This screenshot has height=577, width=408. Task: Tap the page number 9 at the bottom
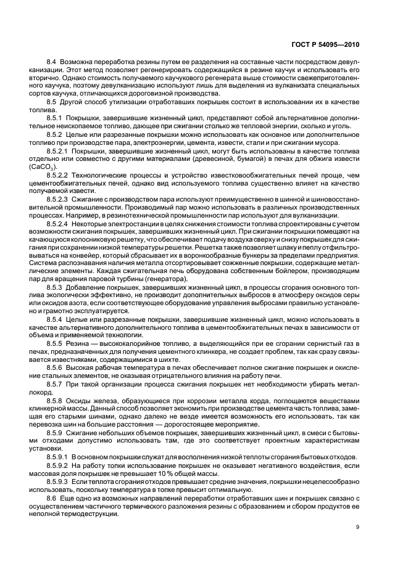pos(357,526)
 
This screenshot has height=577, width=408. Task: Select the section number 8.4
pos(52,63)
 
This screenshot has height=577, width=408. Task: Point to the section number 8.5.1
pos(55,117)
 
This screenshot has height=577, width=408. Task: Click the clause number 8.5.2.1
pos(57,150)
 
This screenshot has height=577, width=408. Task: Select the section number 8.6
pos(52,496)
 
